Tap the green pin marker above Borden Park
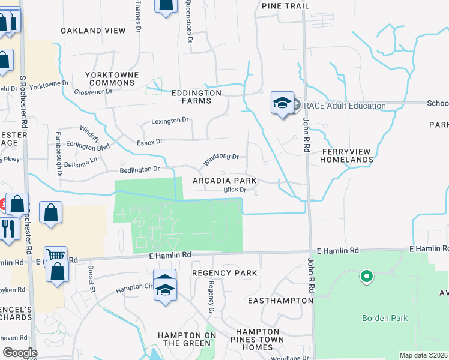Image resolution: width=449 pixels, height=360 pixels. [x=366, y=277]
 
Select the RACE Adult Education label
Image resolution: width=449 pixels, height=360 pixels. [x=345, y=106]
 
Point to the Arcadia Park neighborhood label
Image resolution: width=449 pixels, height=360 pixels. [x=224, y=181]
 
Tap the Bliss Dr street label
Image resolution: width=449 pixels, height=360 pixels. [x=235, y=190]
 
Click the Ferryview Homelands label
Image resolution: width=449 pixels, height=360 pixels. [x=347, y=156]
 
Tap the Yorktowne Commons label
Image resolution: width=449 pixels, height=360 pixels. [x=112, y=79]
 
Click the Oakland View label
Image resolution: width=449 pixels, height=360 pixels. [x=94, y=31]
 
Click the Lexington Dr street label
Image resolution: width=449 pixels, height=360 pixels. [x=170, y=121]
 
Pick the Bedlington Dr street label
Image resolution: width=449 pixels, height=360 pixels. [x=140, y=169]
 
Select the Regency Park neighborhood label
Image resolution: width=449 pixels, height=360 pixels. [x=224, y=273]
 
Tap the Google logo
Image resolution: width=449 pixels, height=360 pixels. [x=20, y=353]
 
